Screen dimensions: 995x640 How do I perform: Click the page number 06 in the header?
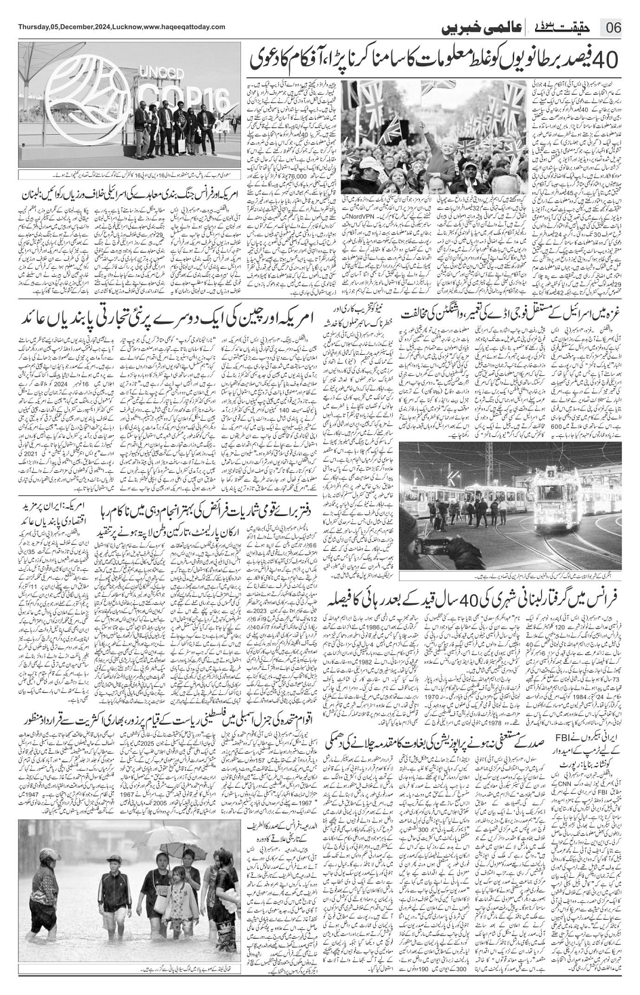tap(614, 28)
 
